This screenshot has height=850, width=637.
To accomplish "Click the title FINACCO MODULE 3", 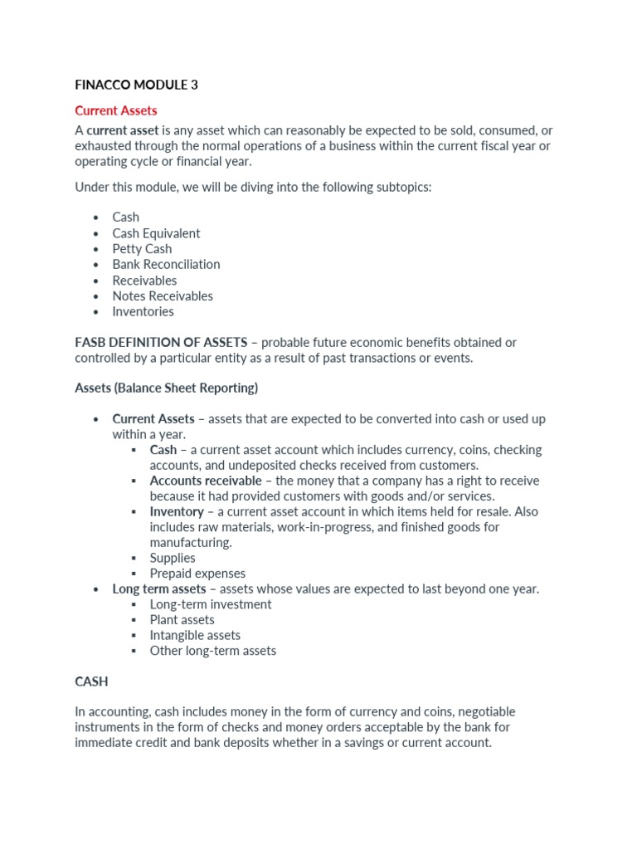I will coord(136,85).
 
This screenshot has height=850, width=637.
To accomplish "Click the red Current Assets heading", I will coord(115,110).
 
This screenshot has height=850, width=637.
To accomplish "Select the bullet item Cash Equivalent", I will coord(156,233).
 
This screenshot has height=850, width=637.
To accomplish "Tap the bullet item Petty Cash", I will coord(142,249).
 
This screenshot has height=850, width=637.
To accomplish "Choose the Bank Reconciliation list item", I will coord(166,264).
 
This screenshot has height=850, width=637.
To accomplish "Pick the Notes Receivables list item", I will coord(163,296).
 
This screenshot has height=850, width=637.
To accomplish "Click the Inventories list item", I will coord(143,311).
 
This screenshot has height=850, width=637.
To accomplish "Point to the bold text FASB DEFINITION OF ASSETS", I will coord(161,342).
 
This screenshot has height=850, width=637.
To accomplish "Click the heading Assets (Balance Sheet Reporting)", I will coord(166,388).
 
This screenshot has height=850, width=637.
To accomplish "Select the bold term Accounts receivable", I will coord(205,481).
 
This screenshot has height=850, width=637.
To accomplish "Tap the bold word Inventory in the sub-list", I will coord(176,511).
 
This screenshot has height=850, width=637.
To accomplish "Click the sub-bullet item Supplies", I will coord(173,558).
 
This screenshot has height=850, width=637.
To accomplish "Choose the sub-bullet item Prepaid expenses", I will coord(197,574).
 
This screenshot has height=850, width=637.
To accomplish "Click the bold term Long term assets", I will coord(158,589).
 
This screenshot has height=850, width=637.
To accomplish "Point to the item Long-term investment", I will coord(210,604).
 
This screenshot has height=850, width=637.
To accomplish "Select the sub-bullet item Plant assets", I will coord(182,620).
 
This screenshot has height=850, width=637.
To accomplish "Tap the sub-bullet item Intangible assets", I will coord(195,635).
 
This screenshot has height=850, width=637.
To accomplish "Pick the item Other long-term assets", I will coord(212,651).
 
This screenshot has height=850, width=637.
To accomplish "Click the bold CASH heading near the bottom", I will coord(91,681).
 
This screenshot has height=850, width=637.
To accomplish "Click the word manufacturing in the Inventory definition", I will coord(189,543).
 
